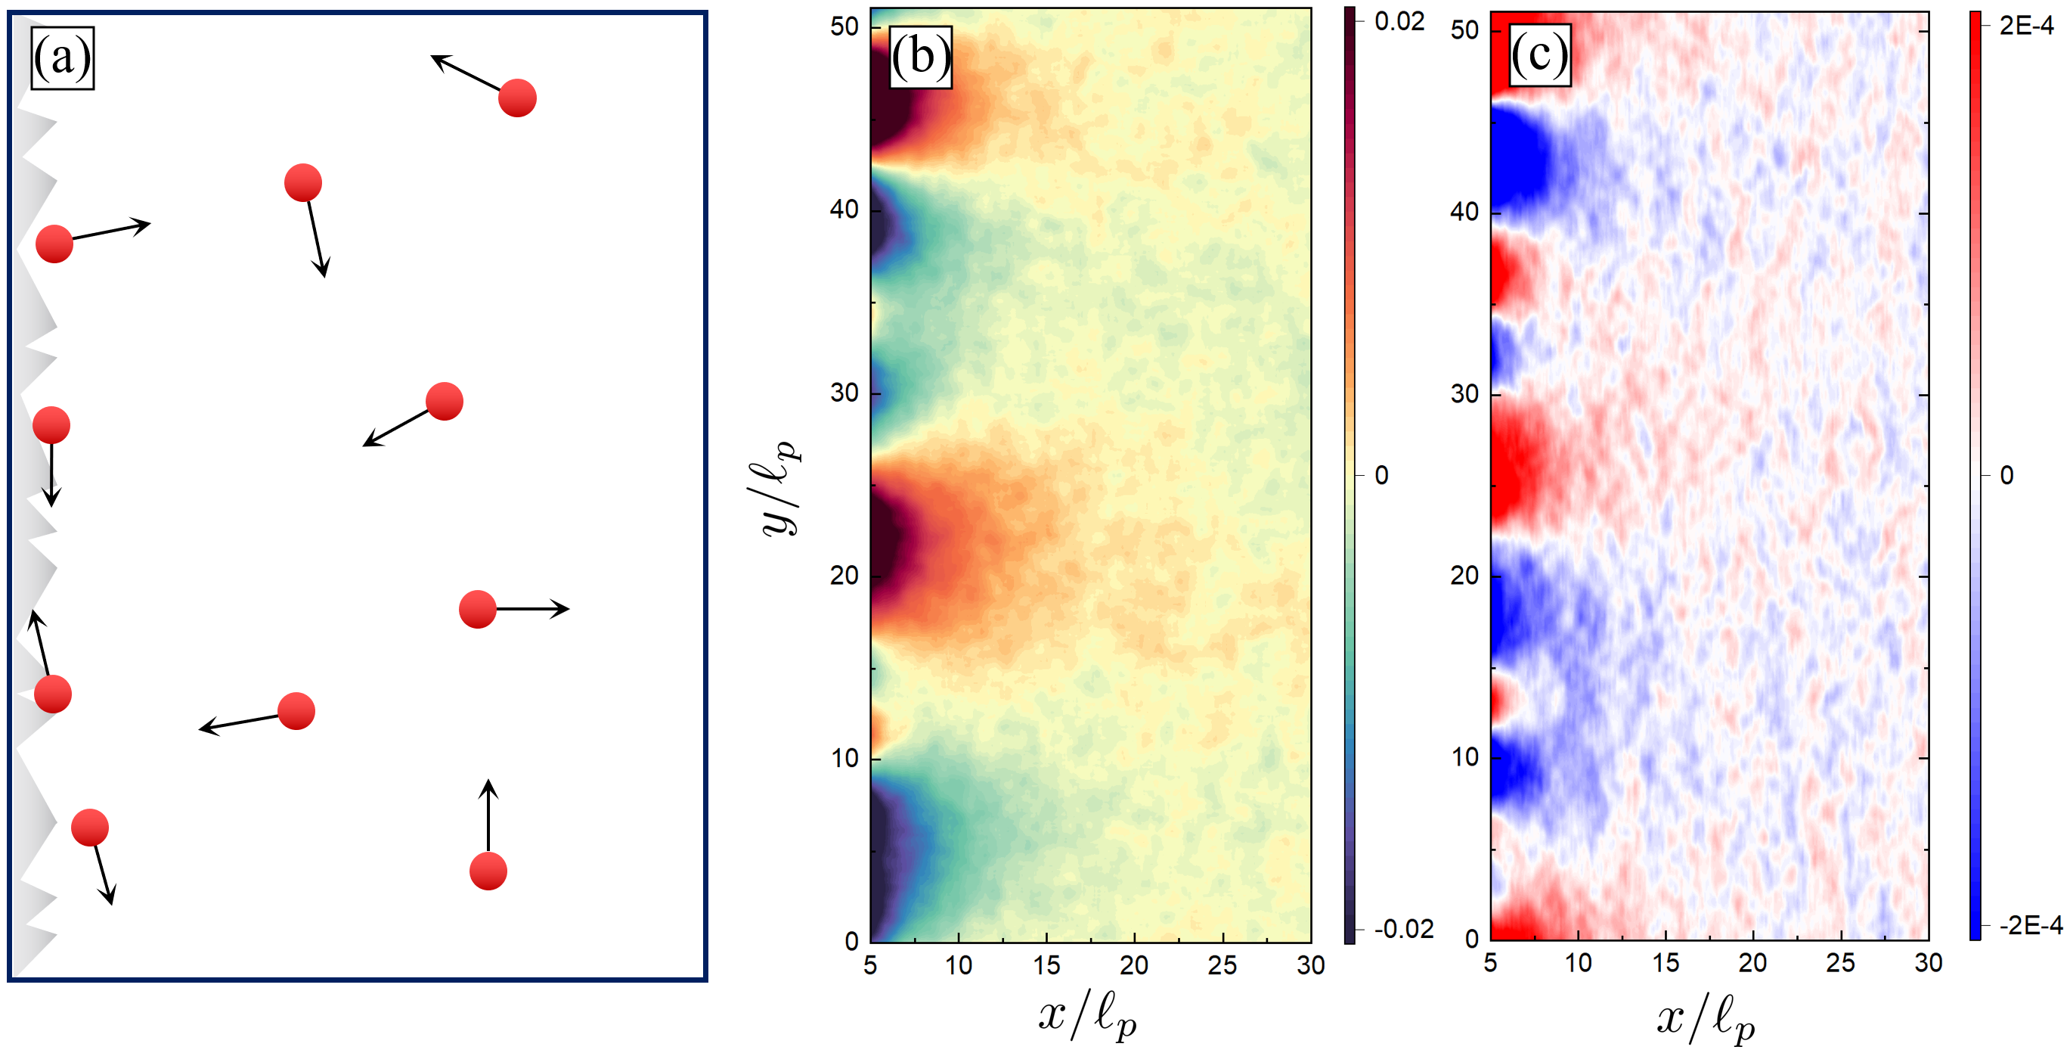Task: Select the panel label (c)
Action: (x=1539, y=55)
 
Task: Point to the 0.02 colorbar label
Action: (x=1399, y=22)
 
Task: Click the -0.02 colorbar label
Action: (x=1403, y=929)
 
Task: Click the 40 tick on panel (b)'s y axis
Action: (x=844, y=210)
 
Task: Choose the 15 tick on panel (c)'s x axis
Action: (x=1666, y=963)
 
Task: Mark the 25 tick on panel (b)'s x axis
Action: (x=1222, y=964)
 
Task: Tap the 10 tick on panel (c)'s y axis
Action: (x=1465, y=757)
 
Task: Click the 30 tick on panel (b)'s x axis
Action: (x=1311, y=964)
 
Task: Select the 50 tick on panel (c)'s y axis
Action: (x=1465, y=30)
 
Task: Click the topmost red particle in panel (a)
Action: (x=516, y=98)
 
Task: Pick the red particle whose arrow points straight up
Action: (x=488, y=871)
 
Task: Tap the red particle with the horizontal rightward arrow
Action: (x=477, y=609)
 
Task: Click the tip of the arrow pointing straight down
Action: (x=51, y=505)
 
